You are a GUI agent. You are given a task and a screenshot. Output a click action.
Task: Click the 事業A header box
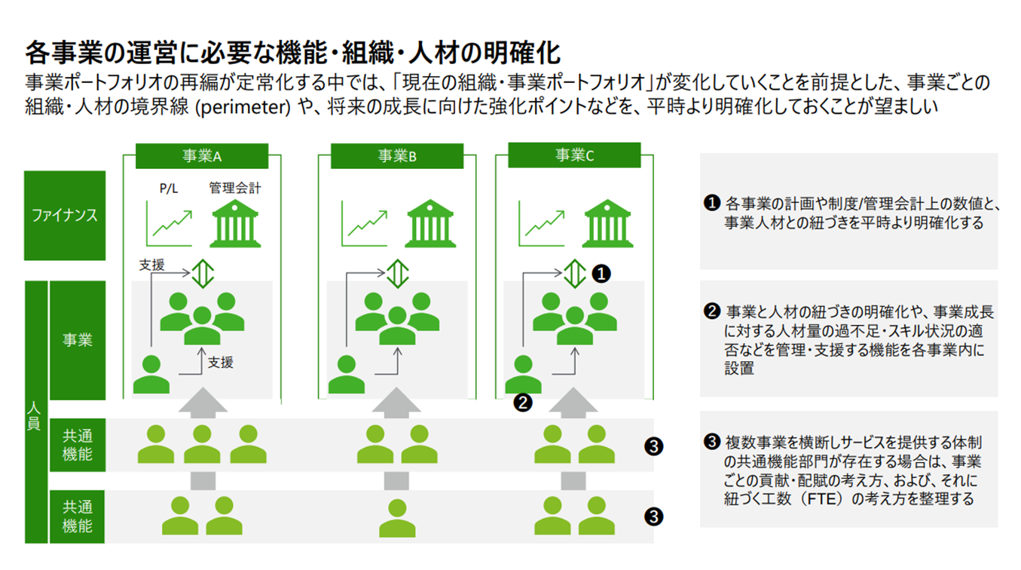pos(201,156)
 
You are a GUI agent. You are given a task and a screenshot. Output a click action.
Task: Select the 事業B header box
pos(397,156)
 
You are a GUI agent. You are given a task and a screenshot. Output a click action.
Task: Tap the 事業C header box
pos(574,155)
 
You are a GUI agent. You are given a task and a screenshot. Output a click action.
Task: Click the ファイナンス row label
pos(65,216)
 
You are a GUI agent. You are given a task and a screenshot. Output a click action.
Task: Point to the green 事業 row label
pos(77,340)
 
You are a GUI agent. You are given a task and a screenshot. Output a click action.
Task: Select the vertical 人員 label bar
pos(36,412)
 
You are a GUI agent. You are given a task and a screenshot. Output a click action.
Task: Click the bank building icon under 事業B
pos(430,223)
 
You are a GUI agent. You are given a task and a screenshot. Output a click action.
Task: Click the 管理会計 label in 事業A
pos(235,188)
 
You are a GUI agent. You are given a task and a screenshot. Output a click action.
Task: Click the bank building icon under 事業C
pos(608,223)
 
